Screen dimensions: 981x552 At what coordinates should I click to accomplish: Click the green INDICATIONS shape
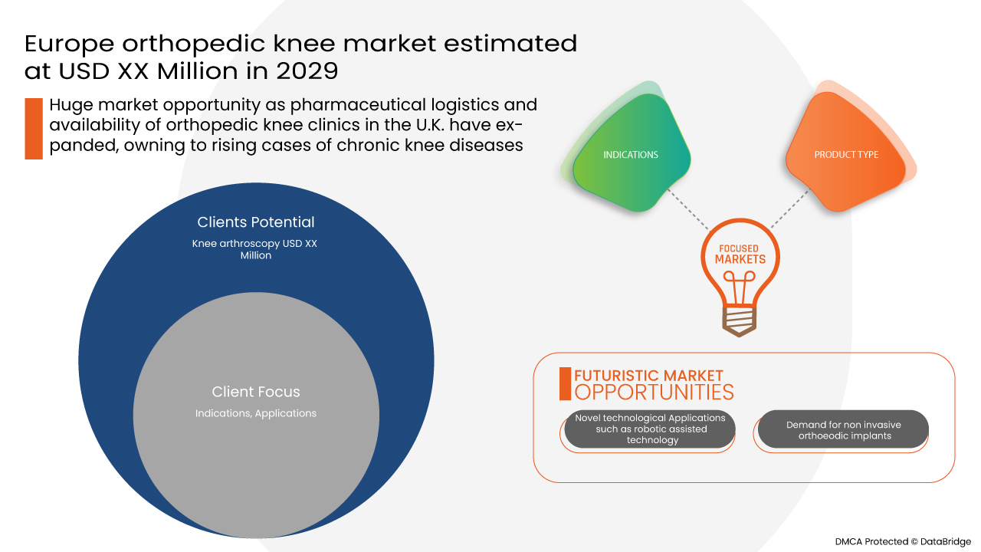[x=631, y=154]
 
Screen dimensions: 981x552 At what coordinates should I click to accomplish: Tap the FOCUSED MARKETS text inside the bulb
[x=740, y=254]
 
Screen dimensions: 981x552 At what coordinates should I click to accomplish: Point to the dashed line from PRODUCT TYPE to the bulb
[x=789, y=209]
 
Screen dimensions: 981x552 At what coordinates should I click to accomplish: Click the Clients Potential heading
[x=256, y=222]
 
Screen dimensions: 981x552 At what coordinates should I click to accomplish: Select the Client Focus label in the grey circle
[x=256, y=392]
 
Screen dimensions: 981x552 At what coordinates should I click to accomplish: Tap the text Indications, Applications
[x=256, y=413]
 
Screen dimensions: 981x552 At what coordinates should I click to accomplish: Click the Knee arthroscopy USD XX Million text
[x=255, y=249]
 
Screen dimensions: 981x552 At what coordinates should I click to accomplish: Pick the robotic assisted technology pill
[x=649, y=429]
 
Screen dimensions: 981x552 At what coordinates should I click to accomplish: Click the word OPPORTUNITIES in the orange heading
[x=654, y=392]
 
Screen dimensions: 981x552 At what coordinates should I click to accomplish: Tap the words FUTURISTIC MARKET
[x=648, y=376]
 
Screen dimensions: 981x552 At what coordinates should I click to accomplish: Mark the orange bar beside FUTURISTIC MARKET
[x=565, y=384]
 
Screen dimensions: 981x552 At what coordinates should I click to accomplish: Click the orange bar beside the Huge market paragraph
[x=34, y=128]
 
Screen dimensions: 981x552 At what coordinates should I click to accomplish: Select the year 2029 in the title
[x=307, y=71]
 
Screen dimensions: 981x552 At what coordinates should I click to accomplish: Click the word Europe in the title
[x=69, y=44]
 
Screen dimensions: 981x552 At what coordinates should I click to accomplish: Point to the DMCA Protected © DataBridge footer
[x=903, y=542]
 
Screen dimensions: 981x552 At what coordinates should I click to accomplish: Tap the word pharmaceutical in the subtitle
[x=357, y=105]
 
